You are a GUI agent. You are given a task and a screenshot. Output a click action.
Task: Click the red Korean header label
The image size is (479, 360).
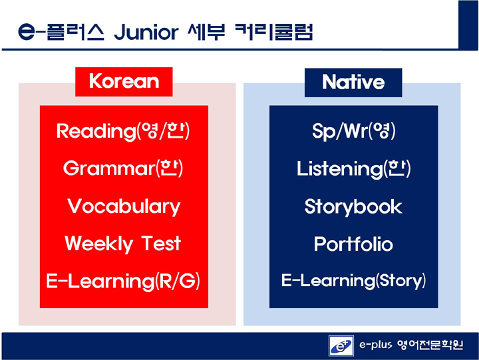click(x=124, y=82)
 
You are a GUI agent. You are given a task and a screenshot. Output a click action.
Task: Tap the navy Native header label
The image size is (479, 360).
click(x=353, y=83)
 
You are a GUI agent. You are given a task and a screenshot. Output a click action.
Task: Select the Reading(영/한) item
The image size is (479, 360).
click(x=123, y=131)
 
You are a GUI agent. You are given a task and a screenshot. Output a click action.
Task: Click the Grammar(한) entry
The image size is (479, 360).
click(x=123, y=168)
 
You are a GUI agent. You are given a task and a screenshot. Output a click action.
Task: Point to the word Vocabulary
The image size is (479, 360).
click(x=124, y=206)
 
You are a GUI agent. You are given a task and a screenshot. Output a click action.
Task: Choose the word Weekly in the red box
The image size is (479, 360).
click(x=99, y=244)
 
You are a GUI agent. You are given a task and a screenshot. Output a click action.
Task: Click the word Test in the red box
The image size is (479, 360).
click(x=161, y=244)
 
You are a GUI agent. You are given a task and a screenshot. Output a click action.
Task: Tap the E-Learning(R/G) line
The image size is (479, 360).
click(x=123, y=281)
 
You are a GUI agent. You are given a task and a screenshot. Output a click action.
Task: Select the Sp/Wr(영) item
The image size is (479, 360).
click(x=354, y=131)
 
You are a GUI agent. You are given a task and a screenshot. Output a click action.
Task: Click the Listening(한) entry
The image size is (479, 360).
click(x=354, y=168)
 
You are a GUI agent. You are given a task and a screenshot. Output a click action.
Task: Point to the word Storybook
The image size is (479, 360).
click(x=353, y=206)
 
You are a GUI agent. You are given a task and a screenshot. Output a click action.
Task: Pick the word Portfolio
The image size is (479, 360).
click(x=353, y=244)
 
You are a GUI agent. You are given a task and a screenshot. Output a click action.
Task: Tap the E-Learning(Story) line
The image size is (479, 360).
click(x=353, y=281)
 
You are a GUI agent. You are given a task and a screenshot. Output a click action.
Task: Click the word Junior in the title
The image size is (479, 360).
click(x=146, y=32)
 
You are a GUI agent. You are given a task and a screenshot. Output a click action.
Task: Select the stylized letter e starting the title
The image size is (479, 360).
click(x=27, y=31)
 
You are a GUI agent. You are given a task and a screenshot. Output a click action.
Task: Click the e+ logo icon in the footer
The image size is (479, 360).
click(x=341, y=346)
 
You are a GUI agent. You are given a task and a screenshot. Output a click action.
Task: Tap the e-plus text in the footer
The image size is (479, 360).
click(x=375, y=345)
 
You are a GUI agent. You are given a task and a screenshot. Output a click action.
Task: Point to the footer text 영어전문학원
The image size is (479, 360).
click(x=430, y=345)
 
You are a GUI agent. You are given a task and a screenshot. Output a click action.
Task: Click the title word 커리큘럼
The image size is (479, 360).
click(x=274, y=32)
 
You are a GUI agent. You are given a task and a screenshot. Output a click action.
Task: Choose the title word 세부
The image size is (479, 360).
click(x=206, y=32)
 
